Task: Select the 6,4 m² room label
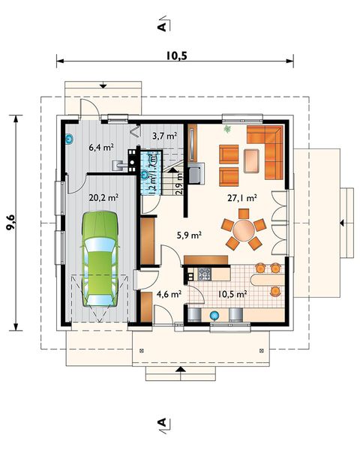pos(100,148)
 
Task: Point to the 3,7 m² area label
pos(163,136)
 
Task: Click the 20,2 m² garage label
pos(103,198)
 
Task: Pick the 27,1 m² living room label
pos(242,198)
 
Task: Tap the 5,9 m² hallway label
pos(188,235)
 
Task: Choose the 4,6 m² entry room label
pos(168,295)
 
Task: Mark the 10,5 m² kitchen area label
pos(232,295)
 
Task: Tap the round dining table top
pos(243,230)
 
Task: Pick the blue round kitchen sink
pos(213,316)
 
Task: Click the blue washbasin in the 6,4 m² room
pos(70,139)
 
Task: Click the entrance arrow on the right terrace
pos(342,222)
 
